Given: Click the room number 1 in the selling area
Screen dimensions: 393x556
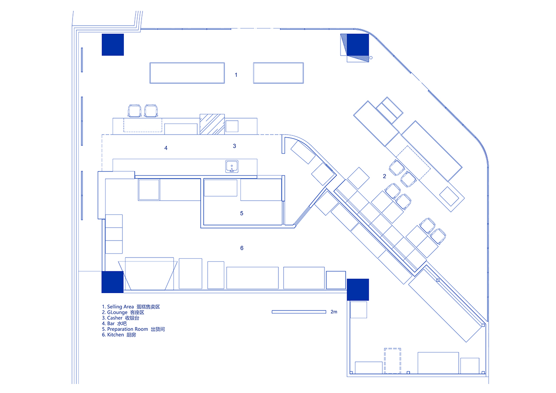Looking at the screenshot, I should pyautogui.click(x=236, y=75).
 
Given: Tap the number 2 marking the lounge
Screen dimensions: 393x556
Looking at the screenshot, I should pyautogui.click(x=384, y=176).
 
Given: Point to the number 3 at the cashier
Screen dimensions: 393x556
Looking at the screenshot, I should pyautogui.click(x=234, y=146).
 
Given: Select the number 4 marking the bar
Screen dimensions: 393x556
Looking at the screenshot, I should pyautogui.click(x=165, y=148).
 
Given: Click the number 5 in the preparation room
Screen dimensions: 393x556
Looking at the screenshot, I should pyautogui.click(x=242, y=214).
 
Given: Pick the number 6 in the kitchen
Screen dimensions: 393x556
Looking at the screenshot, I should pyautogui.click(x=242, y=248).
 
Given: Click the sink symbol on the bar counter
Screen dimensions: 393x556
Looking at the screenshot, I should pyautogui.click(x=232, y=166).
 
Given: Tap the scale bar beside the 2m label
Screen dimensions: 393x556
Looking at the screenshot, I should pyautogui.click(x=299, y=312).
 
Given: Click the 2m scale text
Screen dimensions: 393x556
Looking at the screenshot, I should pyautogui.click(x=334, y=312).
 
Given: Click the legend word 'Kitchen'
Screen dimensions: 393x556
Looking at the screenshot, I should pyautogui.click(x=116, y=335).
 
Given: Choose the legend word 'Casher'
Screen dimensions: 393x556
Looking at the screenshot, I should pyautogui.click(x=115, y=318).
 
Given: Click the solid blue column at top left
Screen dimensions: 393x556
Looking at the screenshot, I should pyautogui.click(x=113, y=45).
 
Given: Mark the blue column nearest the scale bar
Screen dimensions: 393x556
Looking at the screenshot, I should pyautogui.click(x=358, y=290).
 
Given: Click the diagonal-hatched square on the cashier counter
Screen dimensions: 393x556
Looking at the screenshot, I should pyautogui.click(x=212, y=124).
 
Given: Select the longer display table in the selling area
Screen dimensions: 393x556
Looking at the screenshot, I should pyautogui.click(x=187, y=73).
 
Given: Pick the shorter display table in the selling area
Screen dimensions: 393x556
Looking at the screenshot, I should pyautogui.click(x=278, y=73).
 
